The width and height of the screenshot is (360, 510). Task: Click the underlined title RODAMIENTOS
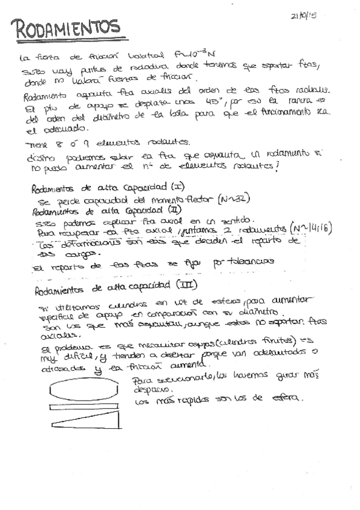tap(66, 28)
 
